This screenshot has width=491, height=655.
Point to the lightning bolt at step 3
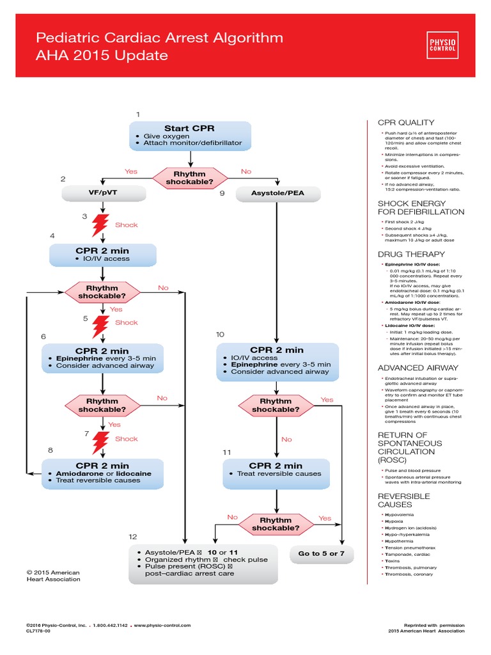tap(102, 225)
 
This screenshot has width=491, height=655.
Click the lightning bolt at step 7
tap(102, 441)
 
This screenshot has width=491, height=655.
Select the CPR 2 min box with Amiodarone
tap(102, 473)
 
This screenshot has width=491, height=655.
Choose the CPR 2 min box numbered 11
tap(276, 470)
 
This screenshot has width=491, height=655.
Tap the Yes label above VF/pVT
tap(130, 171)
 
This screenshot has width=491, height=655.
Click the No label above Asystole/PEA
tap(246, 171)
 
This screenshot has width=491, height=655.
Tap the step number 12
tap(132, 536)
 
